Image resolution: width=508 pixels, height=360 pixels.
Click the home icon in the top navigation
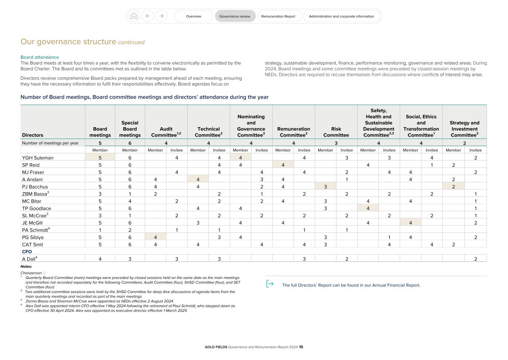134,16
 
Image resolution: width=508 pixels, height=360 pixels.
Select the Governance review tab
235,16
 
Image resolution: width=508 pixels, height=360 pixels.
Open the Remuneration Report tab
278,16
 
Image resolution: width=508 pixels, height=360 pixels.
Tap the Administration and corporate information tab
341,16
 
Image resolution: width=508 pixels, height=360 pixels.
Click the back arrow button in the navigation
148,16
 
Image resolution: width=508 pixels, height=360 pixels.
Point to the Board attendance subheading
39,57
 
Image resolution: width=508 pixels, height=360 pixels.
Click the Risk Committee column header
336,132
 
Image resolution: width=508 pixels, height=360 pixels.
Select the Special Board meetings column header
130,129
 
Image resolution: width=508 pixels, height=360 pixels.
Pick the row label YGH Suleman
38,158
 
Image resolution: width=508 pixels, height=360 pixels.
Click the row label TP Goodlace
36,208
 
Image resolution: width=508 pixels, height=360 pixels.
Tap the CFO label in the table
27,252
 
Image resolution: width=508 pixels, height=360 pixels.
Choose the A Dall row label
29,259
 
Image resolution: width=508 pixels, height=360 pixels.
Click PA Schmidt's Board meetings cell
100,230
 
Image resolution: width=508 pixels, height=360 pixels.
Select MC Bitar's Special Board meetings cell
130,201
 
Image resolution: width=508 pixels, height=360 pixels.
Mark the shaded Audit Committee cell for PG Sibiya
155,237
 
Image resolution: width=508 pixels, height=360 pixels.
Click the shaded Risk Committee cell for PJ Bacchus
325,187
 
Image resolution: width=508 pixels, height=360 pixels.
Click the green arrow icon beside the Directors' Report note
270,284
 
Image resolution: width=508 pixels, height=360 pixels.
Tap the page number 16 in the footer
301,347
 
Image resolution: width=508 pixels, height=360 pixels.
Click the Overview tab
194,16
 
